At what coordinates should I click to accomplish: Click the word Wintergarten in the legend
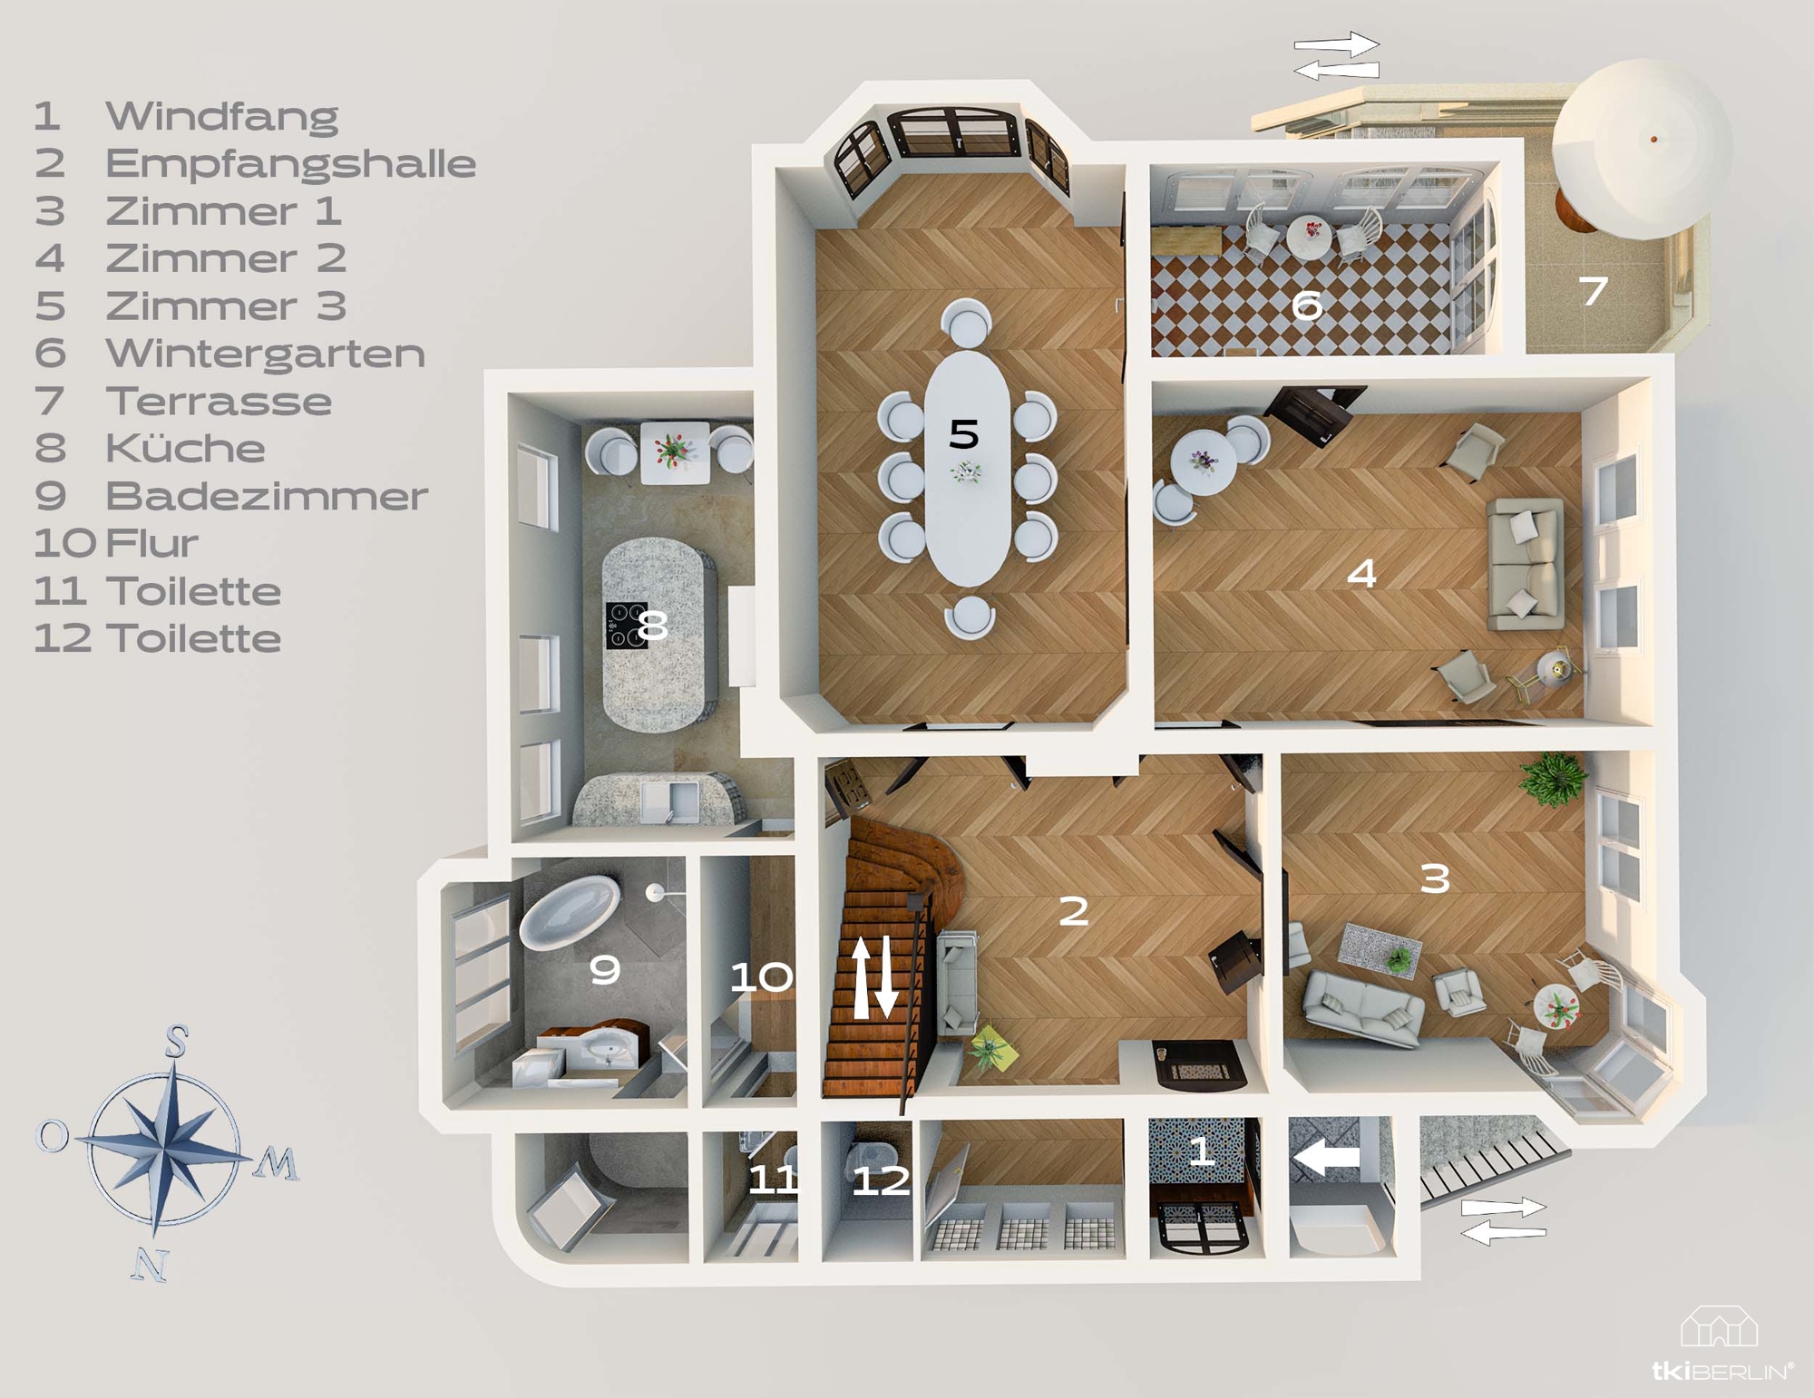point(265,354)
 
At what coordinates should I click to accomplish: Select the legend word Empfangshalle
point(290,163)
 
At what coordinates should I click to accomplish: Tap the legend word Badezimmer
point(266,496)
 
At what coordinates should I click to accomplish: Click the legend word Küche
point(185,448)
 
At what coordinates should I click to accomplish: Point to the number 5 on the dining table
point(963,434)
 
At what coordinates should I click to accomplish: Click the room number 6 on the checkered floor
point(1306,306)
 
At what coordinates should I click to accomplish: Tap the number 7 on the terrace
point(1594,290)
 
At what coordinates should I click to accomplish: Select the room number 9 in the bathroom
point(605,970)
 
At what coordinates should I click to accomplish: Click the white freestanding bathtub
point(570,910)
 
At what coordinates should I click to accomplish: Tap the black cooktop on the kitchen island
point(627,626)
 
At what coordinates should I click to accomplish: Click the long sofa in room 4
point(1526,564)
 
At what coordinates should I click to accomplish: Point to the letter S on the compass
point(177,1043)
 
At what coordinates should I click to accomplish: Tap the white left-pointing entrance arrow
point(1326,1157)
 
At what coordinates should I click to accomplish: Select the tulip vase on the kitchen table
point(673,451)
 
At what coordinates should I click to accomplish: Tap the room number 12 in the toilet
point(881,1180)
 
